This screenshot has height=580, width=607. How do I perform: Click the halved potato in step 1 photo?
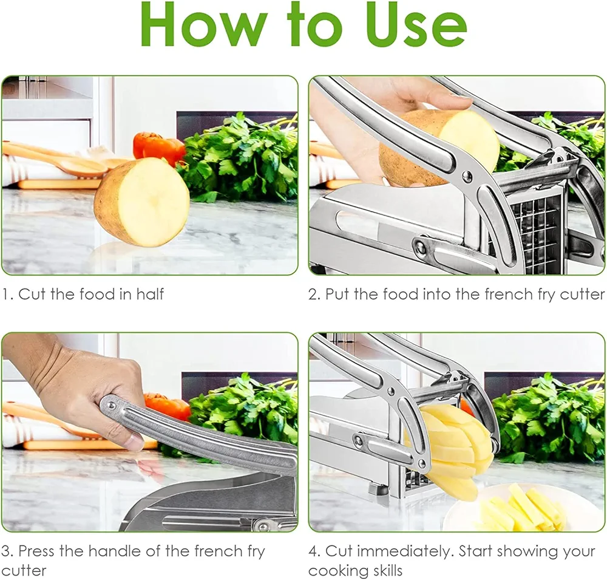click(x=143, y=202)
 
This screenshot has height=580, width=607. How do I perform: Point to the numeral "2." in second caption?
click(x=314, y=295)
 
